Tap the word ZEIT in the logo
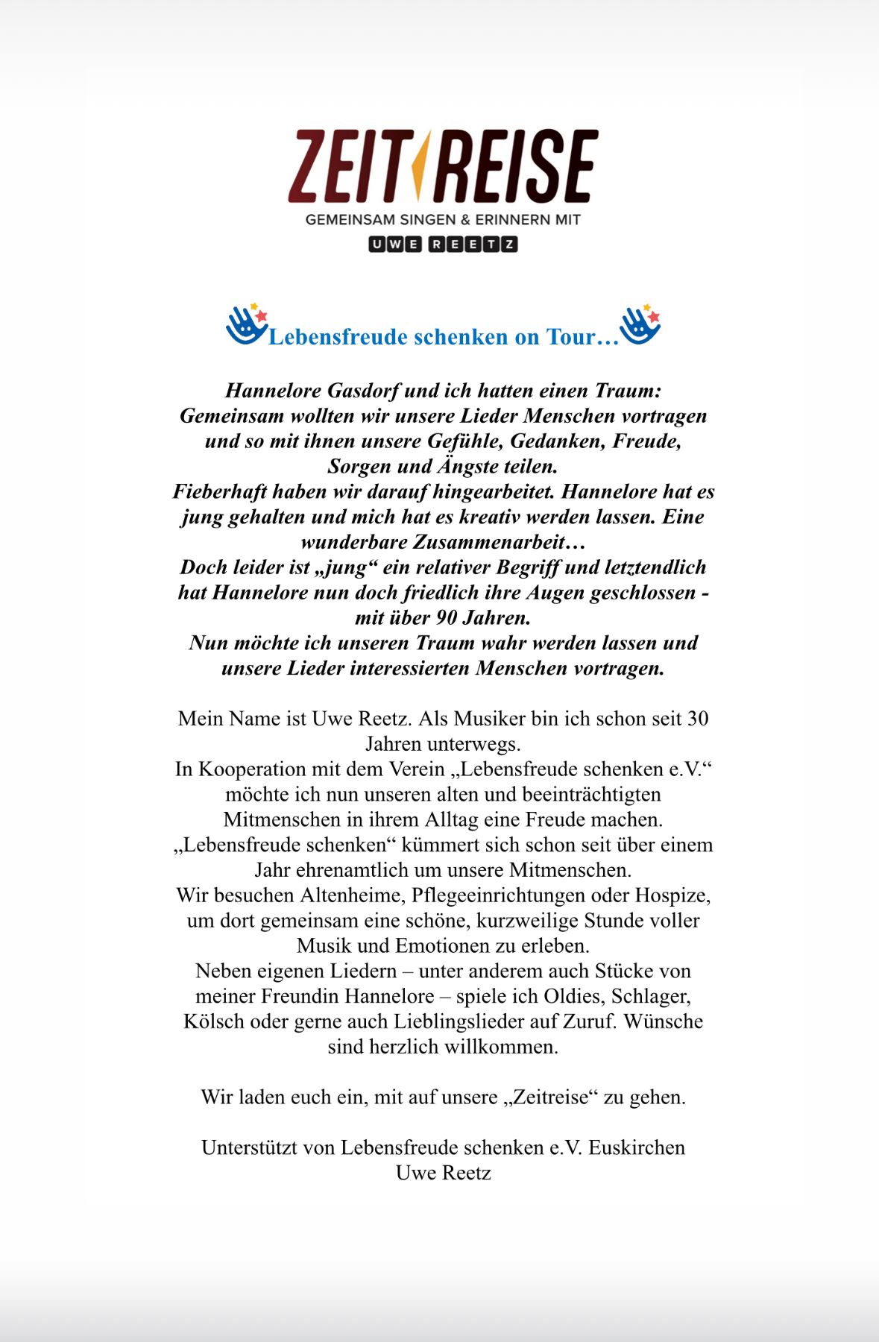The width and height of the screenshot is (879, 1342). click(x=347, y=166)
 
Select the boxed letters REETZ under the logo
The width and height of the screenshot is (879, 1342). click(x=473, y=245)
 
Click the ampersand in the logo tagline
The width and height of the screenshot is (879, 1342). click(x=465, y=220)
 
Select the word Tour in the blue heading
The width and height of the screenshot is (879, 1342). click(x=573, y=337)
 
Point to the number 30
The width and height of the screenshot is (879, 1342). click(x=697, y=719)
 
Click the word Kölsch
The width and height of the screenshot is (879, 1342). click(x=214, y=1021)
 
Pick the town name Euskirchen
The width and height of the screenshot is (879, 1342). click(x=637, y=1147)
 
